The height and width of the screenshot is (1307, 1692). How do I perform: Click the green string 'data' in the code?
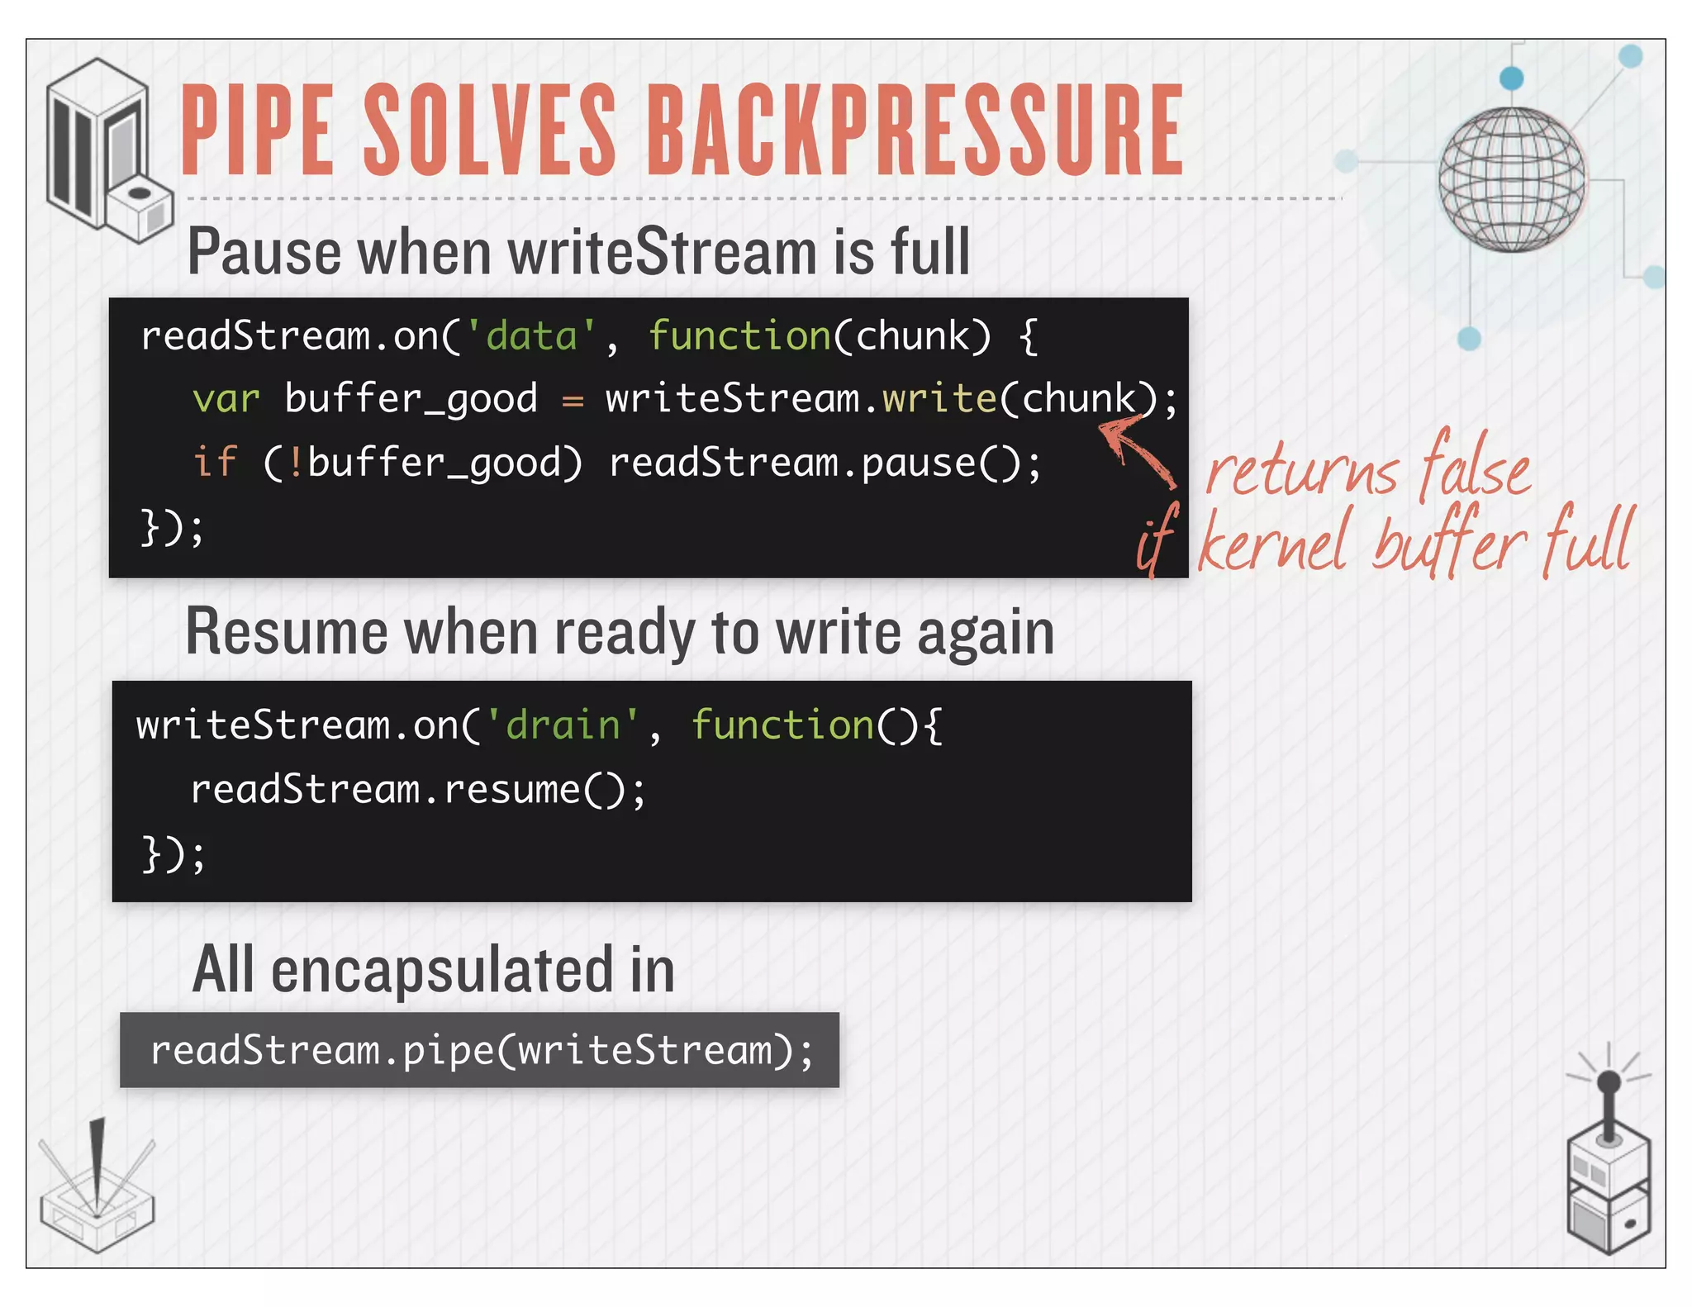point(531,337)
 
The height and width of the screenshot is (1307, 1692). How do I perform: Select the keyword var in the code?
point(226,399)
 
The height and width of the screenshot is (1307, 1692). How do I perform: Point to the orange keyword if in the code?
point(214,462)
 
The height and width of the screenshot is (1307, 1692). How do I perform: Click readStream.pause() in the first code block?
point(824,462)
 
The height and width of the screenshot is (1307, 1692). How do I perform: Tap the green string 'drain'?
point(563,725)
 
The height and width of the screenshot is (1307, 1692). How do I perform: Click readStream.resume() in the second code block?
point(417,789)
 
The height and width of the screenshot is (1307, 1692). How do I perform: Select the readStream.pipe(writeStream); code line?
point(481,1051)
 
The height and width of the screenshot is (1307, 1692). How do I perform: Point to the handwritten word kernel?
point(1272,541)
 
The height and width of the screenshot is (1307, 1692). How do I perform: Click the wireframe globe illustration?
point(1511,179)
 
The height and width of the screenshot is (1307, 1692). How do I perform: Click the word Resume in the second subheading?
point(286,633)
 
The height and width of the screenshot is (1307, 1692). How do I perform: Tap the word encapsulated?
point(444,970)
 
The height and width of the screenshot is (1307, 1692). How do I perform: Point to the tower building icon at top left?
point(103,149)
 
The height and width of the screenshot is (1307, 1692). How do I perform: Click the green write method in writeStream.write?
point(939,399)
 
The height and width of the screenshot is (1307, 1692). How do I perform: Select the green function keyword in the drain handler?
point(782,725)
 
